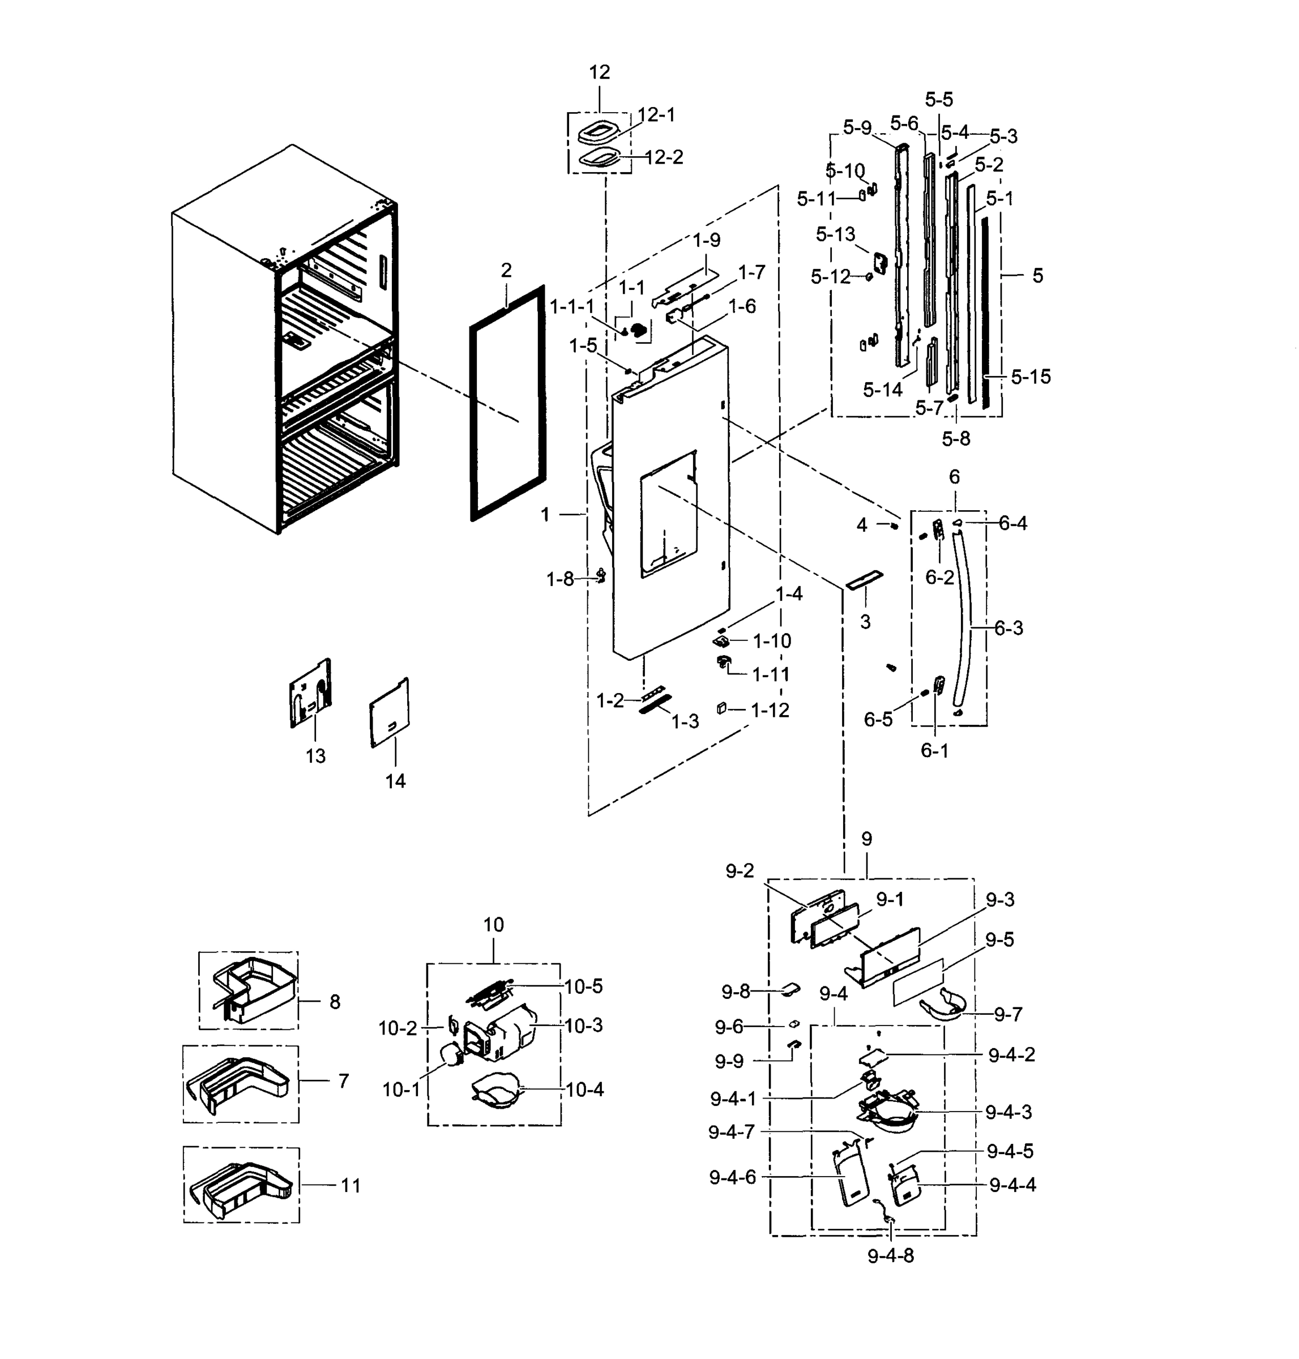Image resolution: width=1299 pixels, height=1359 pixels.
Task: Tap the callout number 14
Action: pyautogui.click(x=395, y=781)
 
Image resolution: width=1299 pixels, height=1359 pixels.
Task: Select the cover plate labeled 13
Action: pyautogui.click(x=310, y=694)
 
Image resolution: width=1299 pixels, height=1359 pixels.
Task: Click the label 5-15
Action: pyautogui.click(x=1031, y=377)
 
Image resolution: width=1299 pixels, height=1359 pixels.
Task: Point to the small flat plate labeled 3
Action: pyautogui.click(x=864, y=581)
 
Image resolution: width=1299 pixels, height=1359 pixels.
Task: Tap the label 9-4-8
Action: pyautogui.click(x=891, y=1256)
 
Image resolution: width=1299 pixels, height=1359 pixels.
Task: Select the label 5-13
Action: pyautogui.click(x=835, y=234)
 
